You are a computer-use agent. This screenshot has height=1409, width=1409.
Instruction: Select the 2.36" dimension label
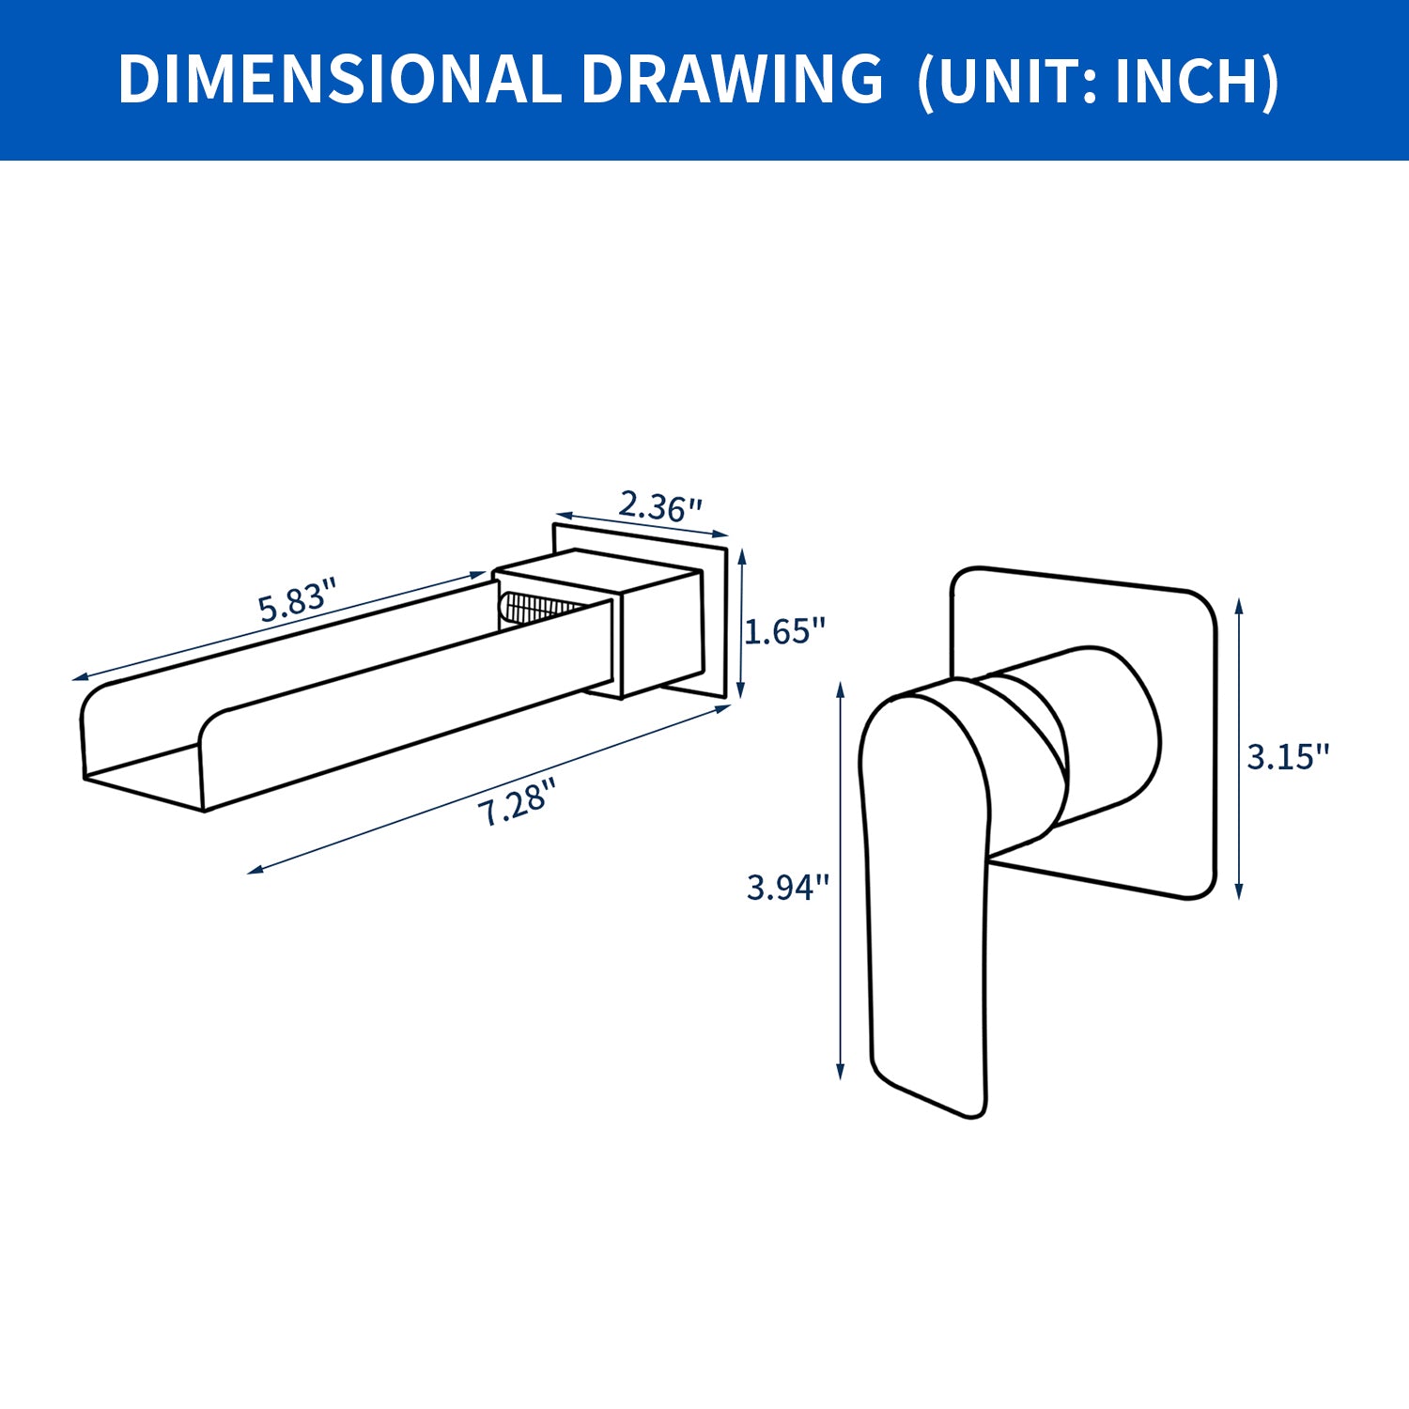[x=659, y=507]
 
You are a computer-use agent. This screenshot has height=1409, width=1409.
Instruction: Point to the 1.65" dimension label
[x=784, y=631]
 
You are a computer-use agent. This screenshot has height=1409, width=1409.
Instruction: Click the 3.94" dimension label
[x=787, y=887]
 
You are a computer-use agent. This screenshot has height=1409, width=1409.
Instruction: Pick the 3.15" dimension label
[x=1288, y=756]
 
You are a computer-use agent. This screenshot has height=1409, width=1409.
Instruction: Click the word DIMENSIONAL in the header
[x=339, y=79]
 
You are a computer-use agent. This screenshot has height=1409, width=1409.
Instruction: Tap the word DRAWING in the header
[x=732, y=79]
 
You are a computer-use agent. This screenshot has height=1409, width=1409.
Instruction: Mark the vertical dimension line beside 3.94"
[x=841, y=883]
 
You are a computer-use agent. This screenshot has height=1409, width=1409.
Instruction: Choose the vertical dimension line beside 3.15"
[x=1240, y=751]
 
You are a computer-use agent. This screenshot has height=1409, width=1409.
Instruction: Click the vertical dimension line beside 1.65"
[x=742, y=625]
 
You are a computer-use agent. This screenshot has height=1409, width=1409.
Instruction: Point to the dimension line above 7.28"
[x=488, y=789]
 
